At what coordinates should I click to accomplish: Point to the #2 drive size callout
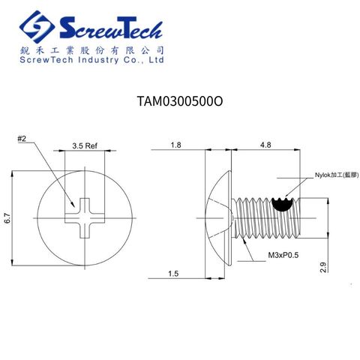point(22,139)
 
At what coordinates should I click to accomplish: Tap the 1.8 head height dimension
point(175,144)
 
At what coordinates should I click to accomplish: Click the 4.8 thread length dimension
point(265,144)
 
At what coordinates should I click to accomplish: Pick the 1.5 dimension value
point(174,274)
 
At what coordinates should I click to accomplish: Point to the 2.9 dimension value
point(323,266)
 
